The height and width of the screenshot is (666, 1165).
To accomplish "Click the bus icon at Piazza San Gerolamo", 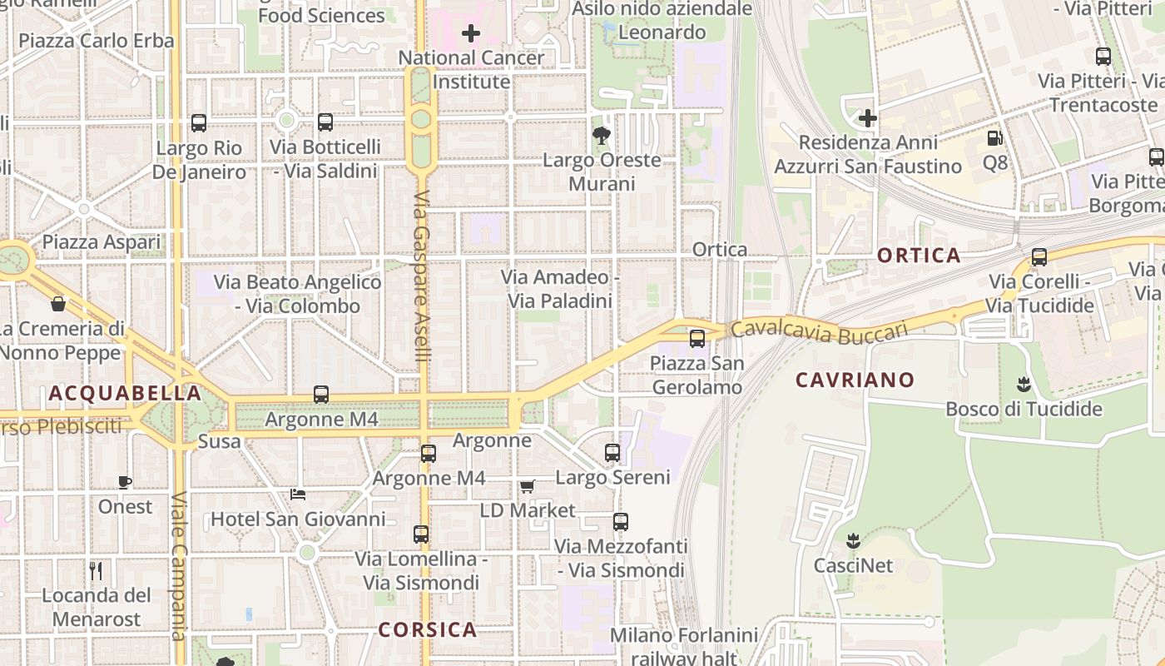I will coord(697,339).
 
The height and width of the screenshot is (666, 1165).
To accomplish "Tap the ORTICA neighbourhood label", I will coord(920,256).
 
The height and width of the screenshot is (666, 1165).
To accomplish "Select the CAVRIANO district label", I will coord(855,380).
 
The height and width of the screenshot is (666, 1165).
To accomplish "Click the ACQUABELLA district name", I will coord(125,393).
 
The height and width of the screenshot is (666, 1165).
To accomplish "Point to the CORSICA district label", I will coord(428,629).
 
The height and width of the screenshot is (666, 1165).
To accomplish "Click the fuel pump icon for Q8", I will coord(994,138).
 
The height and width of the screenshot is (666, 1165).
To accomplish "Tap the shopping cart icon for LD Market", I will coord(527,486).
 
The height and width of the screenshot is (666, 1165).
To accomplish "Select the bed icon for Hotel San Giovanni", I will coord(297,495).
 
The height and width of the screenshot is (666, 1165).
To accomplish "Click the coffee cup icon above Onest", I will coord(125,482).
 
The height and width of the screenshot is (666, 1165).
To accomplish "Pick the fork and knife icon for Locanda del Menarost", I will coord(96,570).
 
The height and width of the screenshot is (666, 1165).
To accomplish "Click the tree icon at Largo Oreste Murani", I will coord(601,136).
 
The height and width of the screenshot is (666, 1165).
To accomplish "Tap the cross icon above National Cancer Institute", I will coord(471,34).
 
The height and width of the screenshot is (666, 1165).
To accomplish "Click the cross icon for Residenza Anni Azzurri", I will coord(868,118).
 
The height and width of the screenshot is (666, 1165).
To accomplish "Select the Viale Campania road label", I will coord(178,566).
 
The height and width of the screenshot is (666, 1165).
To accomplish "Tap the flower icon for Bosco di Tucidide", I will coord(1024,384).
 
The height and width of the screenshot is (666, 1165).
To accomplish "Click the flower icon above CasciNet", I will coord(853,540).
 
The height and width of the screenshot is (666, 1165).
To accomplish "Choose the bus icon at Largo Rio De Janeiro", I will coord(199,123).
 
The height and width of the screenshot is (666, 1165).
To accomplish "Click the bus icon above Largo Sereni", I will coord(612,453).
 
